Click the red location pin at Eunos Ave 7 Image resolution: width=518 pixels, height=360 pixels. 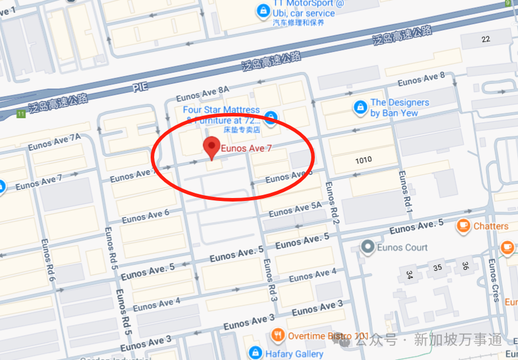tap(211, 147)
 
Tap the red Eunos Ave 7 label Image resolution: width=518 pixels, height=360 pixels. tap(246, 148)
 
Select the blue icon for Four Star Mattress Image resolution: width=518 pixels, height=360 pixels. tap(271, 116)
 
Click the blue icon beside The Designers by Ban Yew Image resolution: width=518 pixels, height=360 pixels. tap(359, 107)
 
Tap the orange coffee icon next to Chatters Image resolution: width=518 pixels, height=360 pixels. tap(463, 226)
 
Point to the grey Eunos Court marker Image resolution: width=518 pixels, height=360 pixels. tap(367, 247)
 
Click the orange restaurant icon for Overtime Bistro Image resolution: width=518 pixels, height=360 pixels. tap(278, 336)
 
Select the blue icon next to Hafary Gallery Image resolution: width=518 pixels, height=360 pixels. tap(255, 353)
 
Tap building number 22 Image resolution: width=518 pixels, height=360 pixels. tap(486, 39)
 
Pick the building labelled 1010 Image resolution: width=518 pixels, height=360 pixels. tap(364, 160)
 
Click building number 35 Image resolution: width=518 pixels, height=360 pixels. tap(438, 267)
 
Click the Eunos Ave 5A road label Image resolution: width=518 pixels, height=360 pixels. tap(295, 209)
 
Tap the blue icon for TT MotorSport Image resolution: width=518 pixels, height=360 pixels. tap(262, 10)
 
